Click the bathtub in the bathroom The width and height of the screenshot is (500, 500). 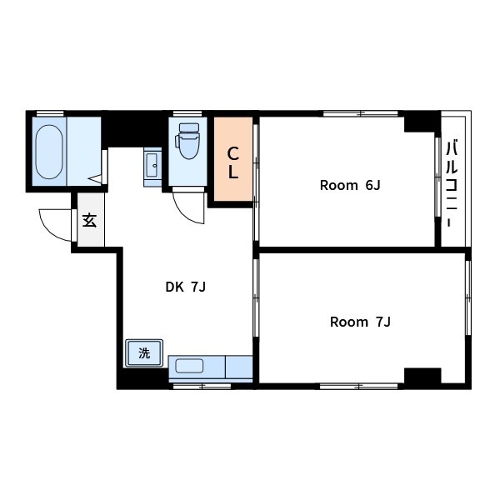pyautogui.click(x=49, y=152)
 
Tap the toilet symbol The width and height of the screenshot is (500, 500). pyautogui.click(x=188, y=141)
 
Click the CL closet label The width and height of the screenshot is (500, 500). pyautogui.click(x=233, y=162)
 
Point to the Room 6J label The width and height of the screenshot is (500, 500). pyautogui.click(x=350, y=185)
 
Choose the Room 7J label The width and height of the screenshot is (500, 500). pyautogui.click(x=360, y=322)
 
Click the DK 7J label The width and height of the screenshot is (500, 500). pyautogui.click(x=186, y=287)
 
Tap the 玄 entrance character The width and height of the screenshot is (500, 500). pyautogui.click(x=90, y=220)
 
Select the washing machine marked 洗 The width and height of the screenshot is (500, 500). pyautogui.click(x=144, y=353)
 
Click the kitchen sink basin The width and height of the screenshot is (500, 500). pyautogui.click(x=189, y=366)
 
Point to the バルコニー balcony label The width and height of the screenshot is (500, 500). pyautogui.click(x=452, y=183)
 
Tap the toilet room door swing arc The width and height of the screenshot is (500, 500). pyautogui.click(x=185, y=212)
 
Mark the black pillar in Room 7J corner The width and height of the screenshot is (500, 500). pyautogui.click(x=422, y=378)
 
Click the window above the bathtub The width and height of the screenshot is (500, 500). pyautogui.click(x=50, y=113)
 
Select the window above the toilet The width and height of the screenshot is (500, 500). pyautogui.click(x=187, y=113)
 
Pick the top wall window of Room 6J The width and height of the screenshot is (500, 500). pyautogui.click(x=361, y=113)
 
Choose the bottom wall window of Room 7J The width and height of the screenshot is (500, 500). pyautogui.click(x=358, y=387)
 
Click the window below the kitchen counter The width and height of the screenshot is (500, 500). pyautogui.click(x=202, y=387)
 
